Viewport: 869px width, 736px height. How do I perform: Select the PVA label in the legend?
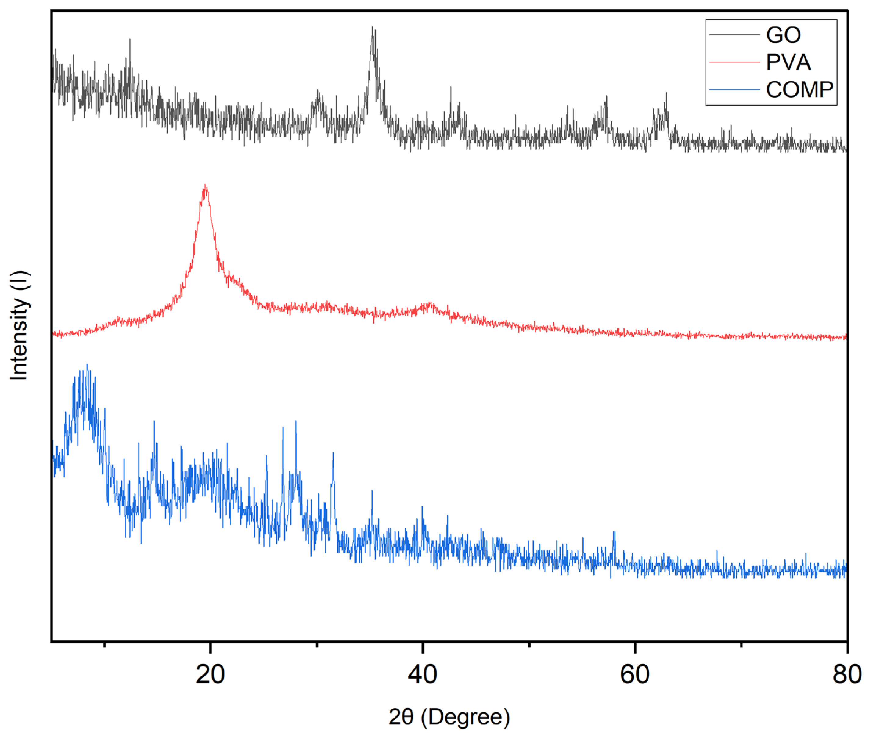(788, 62)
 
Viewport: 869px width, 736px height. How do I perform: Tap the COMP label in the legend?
(799, 90)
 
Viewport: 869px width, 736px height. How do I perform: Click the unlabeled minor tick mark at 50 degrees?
(529, 645)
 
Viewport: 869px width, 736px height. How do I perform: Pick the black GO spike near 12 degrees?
(130, 40)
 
